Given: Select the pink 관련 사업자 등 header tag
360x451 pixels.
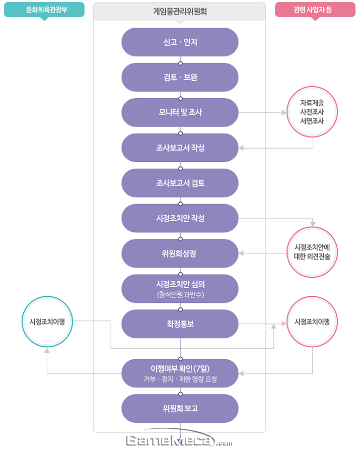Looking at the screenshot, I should pos(315,10).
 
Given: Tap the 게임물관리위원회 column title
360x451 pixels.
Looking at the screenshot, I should pos(180,11).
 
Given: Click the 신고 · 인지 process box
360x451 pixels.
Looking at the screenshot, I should pos(180,42).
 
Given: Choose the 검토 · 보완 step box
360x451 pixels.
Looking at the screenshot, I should pos(180,77).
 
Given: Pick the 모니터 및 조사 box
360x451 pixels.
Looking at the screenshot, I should pos(180,112).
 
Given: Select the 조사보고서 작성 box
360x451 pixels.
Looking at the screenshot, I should pos(180,148).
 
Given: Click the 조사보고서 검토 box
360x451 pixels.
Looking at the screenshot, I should pos(180,183).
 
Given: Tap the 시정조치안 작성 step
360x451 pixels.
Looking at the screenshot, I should pos(180,218).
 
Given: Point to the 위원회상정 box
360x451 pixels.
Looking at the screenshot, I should pos(180,253).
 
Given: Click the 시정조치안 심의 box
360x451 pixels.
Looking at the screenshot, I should pos(180,288).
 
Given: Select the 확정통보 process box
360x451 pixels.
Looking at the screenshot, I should pos(180,324).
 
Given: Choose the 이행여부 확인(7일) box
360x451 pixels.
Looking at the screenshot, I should pos(180,373).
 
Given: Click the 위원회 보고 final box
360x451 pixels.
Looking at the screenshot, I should pos(180,408).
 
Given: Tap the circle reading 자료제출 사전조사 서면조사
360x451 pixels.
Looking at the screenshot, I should pos(312,112).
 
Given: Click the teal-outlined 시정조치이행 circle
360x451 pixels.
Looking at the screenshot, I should pos(48,321).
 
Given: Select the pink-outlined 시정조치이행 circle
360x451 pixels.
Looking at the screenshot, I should pos(312,321).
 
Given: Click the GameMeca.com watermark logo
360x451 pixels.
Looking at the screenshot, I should pos(179,441).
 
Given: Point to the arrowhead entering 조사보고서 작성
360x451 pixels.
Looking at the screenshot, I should pos(241,148).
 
